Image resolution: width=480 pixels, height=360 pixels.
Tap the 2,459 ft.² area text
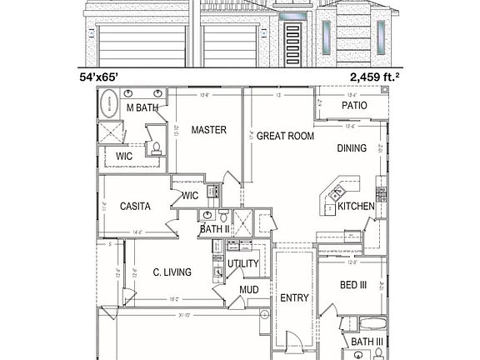[x=373, y=77]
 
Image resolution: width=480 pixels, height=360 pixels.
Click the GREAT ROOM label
[x=285, y=135]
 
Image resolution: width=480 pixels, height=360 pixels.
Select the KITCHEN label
[x=356, y=206]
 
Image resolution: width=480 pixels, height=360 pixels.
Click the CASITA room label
[x=135, y=206]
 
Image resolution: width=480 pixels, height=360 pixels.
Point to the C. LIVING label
[x=172, y=272]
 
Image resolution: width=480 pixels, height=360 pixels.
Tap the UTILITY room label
[x=243, y=264]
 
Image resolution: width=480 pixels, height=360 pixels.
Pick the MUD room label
[x=249, y=290]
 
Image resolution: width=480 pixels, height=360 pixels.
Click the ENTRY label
[x=294, y=297]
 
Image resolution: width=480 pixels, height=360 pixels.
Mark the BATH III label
[x=367, y=342]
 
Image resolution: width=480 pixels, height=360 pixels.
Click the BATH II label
[x=214, y=228]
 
